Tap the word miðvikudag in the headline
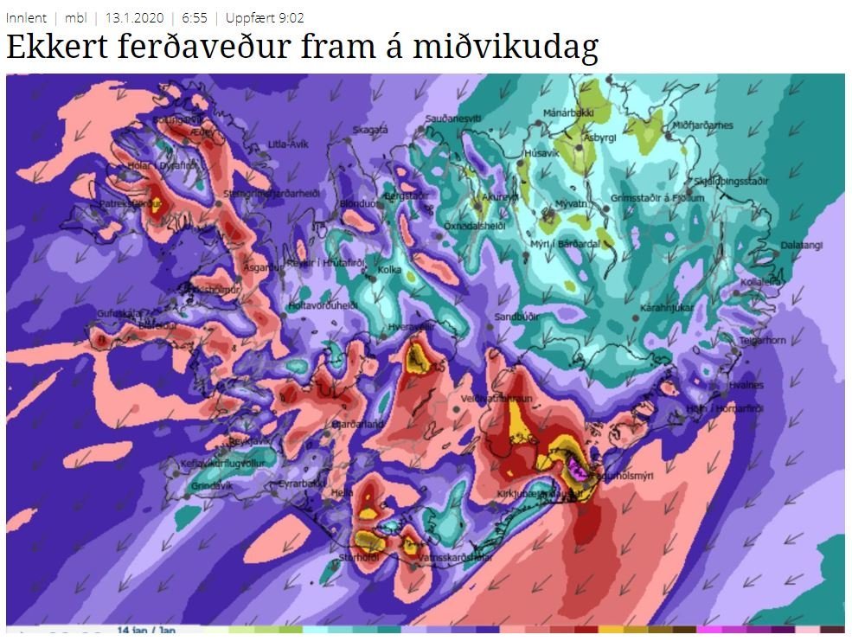click(x=516, y=48)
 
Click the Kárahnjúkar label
click(x=667, y=307)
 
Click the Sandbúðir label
click(x=516, y=317)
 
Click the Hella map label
click(x=343, y=491)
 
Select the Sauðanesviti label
click(x=452, y=118)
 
